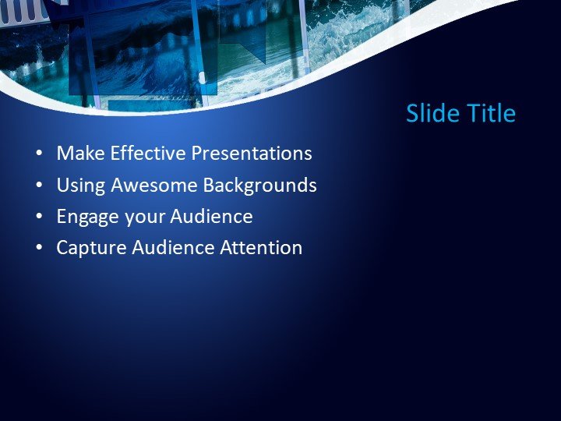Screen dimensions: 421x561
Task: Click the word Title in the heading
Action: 491,114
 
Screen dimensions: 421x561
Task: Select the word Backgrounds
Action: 259,186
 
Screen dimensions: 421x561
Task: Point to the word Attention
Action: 261,249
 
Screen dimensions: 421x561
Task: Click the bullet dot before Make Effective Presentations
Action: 39,154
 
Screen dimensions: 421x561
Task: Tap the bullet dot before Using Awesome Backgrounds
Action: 39,186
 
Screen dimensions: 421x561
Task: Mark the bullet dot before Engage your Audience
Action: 39,218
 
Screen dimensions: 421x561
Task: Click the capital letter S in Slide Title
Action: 413,114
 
